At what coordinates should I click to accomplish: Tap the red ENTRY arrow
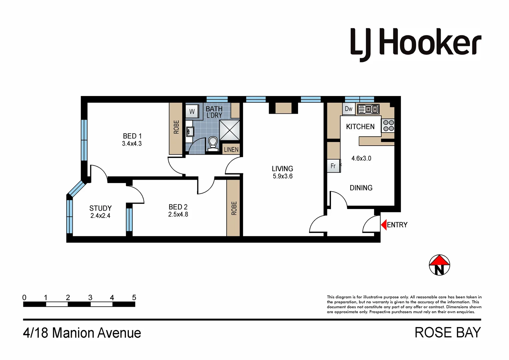384,225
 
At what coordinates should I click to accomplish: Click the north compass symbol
439,265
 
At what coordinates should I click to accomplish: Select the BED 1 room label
132,136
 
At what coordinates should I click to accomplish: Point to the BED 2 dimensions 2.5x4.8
178,215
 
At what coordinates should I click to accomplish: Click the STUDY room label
100,208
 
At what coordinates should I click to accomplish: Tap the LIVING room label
282,169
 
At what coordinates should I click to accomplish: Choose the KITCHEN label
360,127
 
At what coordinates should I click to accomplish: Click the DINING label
361,188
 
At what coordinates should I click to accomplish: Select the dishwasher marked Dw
349,109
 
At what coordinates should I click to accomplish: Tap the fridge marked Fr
333,166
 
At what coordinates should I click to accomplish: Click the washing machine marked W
192,112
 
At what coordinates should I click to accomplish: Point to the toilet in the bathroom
213,144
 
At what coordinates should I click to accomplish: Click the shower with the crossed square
229,130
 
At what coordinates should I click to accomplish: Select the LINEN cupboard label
231,150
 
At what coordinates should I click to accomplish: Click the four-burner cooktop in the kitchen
388,126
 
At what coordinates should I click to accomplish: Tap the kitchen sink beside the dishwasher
368,109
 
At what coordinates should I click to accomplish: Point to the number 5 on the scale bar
134,297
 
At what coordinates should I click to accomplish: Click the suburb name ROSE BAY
447,333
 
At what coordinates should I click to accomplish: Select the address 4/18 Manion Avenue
82,333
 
